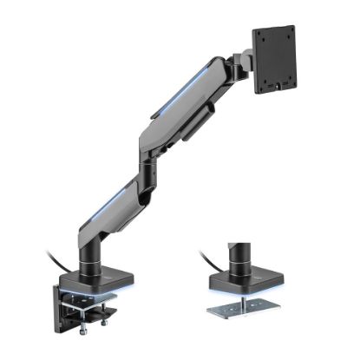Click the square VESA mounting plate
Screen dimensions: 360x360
click(x=276, y=59)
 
